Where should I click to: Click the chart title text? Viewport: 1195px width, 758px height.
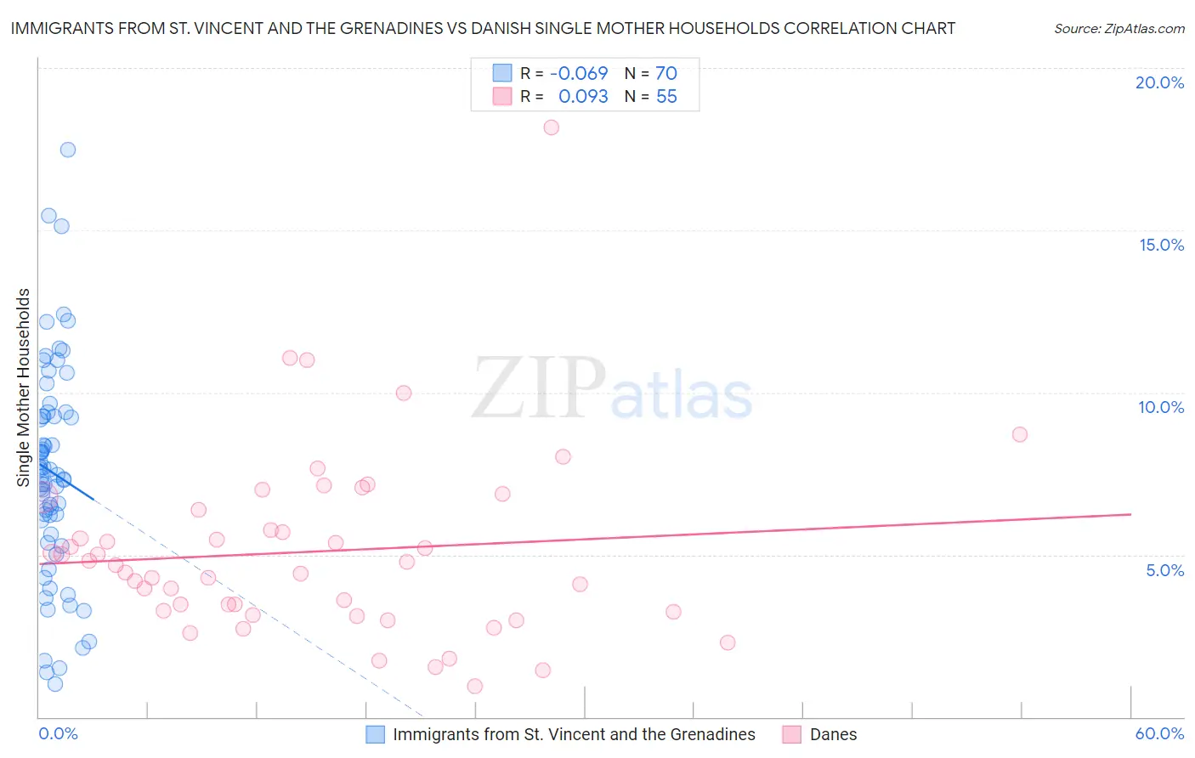pos(483,28)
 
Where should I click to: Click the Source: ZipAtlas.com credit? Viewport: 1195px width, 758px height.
pos(1119,28)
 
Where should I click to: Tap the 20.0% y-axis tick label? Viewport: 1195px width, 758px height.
pos(1159,82)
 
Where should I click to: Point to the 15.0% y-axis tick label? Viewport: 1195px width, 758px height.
pos(1161,245)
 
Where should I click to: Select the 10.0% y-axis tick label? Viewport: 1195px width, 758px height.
pos(1161,407)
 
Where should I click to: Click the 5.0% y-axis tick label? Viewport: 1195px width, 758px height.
pos(1164,570)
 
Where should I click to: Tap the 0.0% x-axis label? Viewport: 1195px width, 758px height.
pos(58,733)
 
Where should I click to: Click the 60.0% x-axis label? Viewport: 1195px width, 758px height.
pos(1159,733)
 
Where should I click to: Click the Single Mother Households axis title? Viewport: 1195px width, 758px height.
pos(24,387)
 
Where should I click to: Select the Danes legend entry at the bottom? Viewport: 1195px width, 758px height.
pos(833,734)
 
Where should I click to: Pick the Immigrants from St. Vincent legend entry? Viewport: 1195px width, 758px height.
pos(574,734)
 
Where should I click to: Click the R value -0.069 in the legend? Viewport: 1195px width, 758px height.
pos(579,73)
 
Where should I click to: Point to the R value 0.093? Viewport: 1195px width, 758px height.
pos(583,97)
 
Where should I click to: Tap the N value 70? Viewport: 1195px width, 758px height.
pos(666,73)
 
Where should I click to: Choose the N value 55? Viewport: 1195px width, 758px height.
pos(666,97)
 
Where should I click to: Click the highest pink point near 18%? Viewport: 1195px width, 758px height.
pos(551,127)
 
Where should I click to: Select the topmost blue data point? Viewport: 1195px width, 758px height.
pos(68,150)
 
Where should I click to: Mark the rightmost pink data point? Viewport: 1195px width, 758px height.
pos(1020,434)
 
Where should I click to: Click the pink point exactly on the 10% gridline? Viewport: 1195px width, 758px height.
pos(404,393)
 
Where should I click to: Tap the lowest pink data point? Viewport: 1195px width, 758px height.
pos(475,686)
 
